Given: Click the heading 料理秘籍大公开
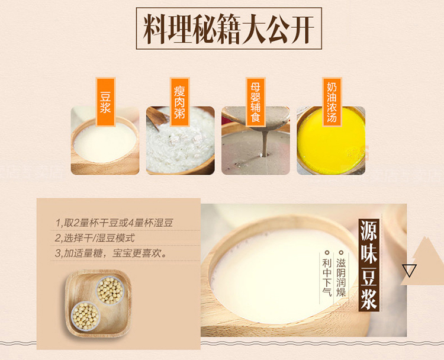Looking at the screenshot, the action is tap(229, 28).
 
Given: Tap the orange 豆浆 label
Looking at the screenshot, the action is tap(105, 102).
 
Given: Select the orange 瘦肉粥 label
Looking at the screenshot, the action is tap(179, 102).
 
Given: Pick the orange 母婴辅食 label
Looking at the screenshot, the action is tap(255, 102).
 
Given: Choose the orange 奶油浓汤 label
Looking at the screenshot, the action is tap(332, 102).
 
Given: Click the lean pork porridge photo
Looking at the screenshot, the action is tap(181, 140).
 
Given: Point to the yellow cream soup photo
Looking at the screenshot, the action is tap(331, 140).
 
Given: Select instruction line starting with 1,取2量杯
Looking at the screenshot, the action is tap(114, 223).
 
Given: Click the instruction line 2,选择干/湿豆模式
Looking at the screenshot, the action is tap(95, 238).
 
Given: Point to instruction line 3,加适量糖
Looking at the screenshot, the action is tap(111, 253).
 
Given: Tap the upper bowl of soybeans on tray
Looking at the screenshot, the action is tap(110, 290).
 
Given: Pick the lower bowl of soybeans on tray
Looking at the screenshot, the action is tap(85, 316).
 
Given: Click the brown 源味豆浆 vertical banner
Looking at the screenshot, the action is tap(369, 265).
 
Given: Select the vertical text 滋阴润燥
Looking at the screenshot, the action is tap(341, 274).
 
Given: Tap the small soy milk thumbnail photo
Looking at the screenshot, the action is tap(105, 140).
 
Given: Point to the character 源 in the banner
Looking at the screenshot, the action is tap(369, 230).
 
